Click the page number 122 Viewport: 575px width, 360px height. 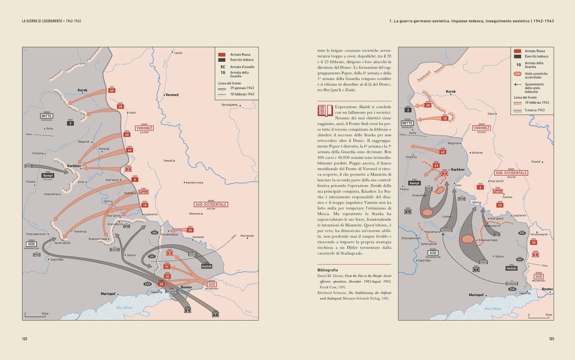24,338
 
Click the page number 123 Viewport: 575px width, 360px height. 551,338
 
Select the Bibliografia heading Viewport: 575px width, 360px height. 331,269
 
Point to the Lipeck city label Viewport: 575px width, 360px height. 178,52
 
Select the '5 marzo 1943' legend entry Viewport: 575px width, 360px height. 535,109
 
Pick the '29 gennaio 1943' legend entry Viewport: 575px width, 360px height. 242,88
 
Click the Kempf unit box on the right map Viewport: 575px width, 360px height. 414,183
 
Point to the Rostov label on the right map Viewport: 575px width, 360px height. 547,289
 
